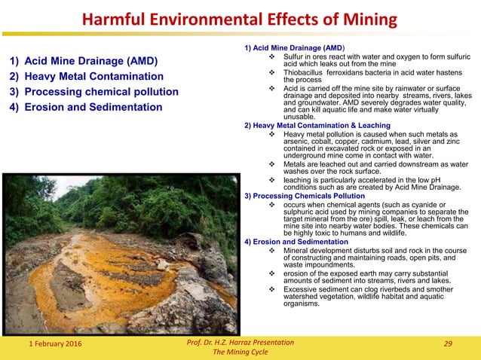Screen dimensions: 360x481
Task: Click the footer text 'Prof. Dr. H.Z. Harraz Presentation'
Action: pyautogui.click(x=240, y=343)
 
